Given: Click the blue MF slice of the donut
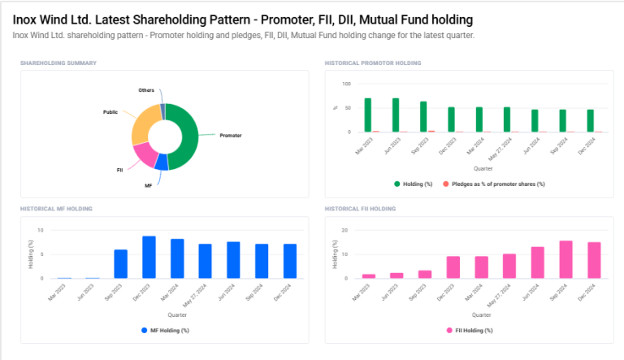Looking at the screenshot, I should (x=162, y=162).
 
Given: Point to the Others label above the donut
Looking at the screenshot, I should (x=146, y=90).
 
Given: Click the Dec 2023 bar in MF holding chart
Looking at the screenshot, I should (x=149, y=257).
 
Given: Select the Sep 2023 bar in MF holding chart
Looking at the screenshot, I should (x=120, y=264).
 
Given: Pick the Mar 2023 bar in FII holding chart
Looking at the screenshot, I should (x=368, y=276).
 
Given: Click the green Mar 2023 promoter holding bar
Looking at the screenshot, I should (x=368, y=115).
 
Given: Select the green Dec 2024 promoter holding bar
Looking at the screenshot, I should (x=590, y=120).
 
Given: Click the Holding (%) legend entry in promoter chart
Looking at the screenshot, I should (x=415, y=184).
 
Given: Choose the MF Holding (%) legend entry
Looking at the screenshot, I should (x=165, y=330).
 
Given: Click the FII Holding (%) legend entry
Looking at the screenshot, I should (x=470, y=330).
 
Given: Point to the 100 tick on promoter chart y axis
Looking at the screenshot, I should (x=346, y=84).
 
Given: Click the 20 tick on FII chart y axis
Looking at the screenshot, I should (x=345, y=230).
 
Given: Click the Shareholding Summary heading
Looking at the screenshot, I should (x=58, y=63).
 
